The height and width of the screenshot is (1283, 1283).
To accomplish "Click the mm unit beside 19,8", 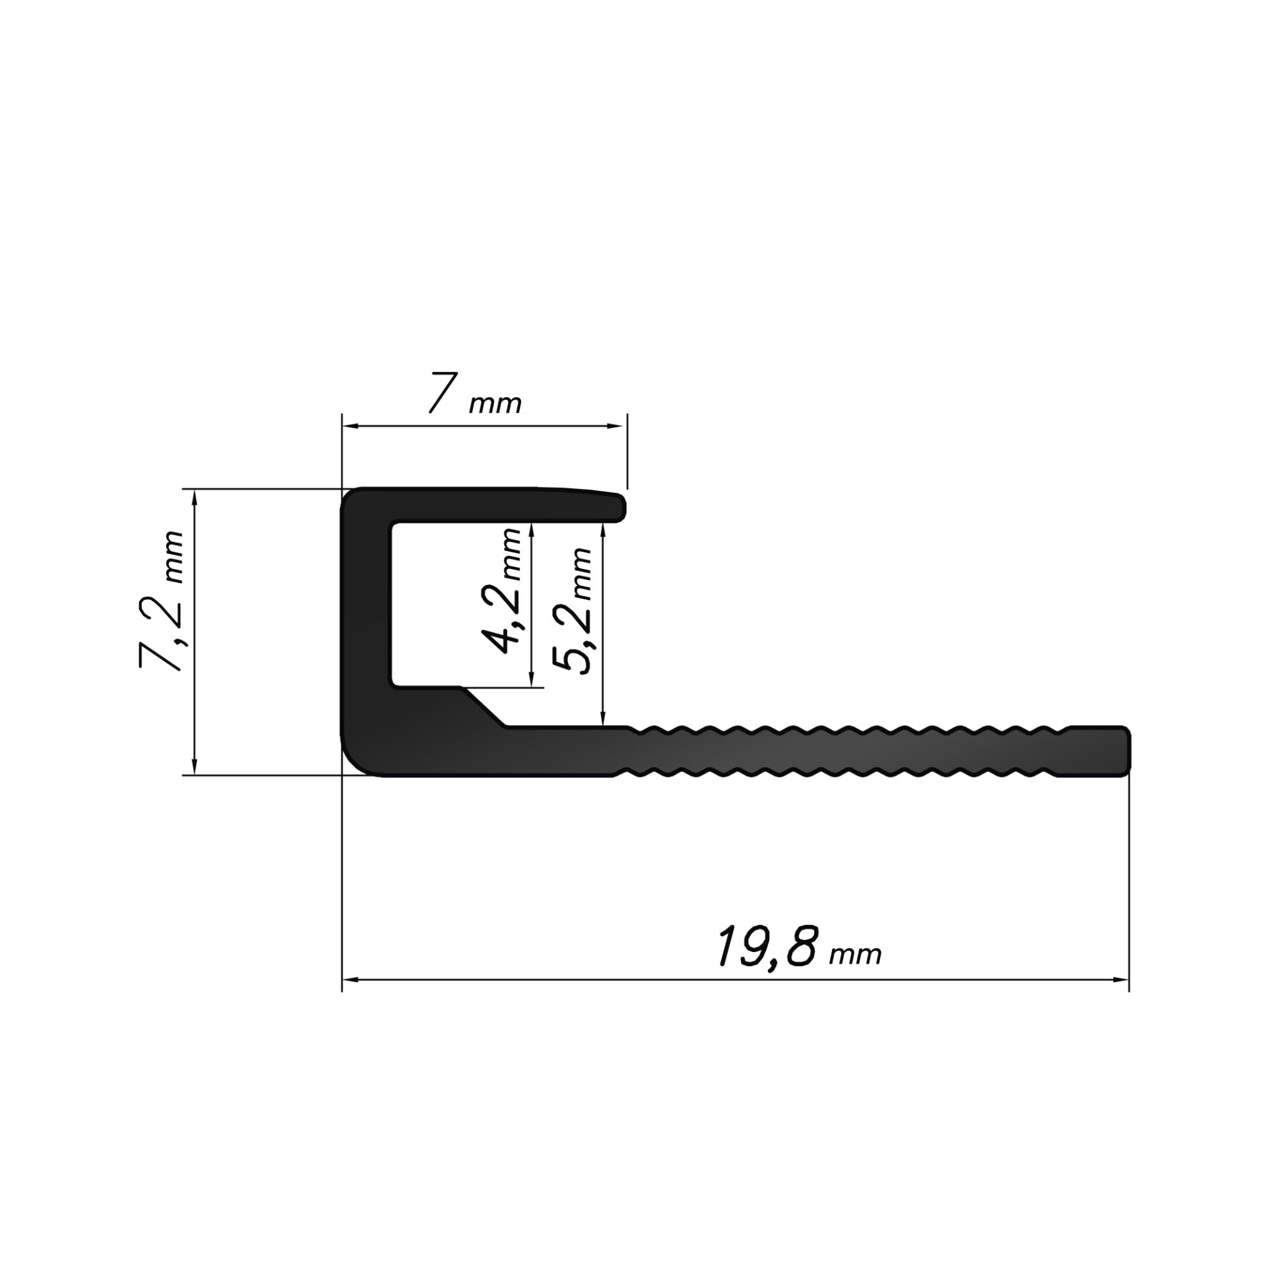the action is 855,956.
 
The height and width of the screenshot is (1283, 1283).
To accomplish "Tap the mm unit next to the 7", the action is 495,404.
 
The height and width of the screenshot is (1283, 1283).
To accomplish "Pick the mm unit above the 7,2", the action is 173,558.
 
